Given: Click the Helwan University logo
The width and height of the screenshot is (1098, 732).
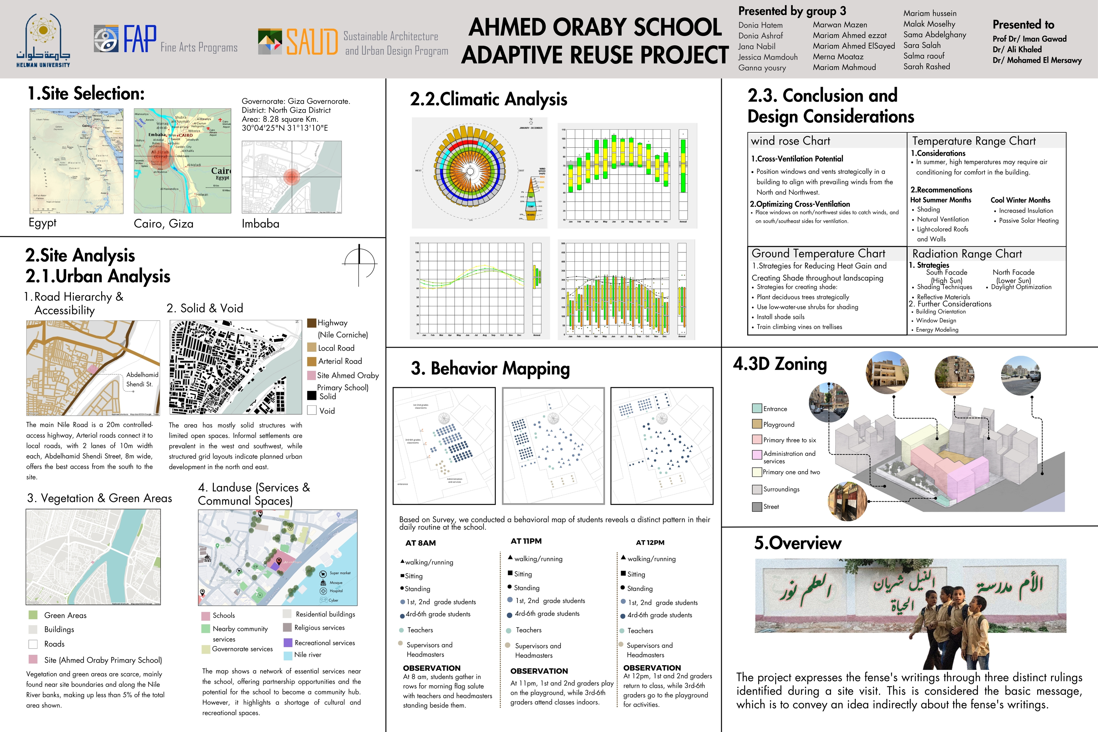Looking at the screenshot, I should point(43,41).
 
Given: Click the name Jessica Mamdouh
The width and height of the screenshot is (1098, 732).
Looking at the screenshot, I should point(768,57).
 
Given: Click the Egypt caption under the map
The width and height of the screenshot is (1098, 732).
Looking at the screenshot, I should point(42,223).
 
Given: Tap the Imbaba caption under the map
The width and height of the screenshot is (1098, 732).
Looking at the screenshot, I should point(260,223).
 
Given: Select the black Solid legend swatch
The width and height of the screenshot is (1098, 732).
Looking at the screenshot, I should point(312,395).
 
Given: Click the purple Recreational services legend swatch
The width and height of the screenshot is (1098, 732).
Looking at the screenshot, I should point(288,642).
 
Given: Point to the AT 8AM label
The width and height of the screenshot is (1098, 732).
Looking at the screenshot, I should point(421,543).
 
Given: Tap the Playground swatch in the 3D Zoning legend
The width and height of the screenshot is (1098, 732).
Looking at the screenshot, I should point(757,424).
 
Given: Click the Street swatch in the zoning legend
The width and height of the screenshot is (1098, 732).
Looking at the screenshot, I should point(757,507).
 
